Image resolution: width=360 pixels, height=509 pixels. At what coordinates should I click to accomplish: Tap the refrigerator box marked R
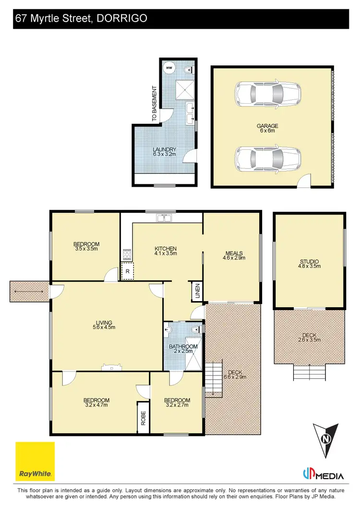pyautogui.click(x=127, y=271)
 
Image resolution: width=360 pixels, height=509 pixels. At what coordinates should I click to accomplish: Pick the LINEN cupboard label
pyautogui.click(x=197, y=292)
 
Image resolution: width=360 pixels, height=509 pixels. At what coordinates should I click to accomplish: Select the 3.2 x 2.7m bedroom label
pyautogui.click(x=177, y=402)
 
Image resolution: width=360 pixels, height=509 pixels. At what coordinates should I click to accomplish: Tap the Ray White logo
pyautogui.click(x=35, y=461)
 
